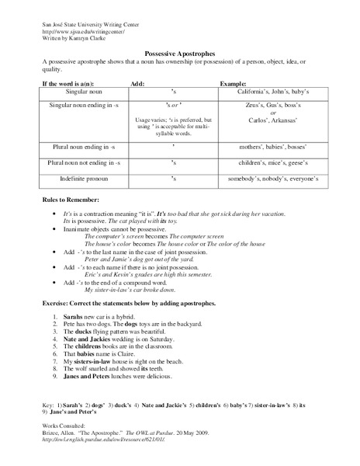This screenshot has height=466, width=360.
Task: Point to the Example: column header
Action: point(234,81)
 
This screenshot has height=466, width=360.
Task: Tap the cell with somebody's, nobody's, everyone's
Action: point(268,179)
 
